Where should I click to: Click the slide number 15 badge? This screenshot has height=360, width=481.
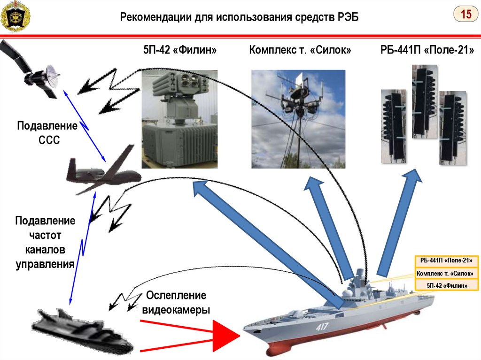click(465, 15)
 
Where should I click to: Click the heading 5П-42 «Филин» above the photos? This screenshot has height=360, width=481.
click(180, 50)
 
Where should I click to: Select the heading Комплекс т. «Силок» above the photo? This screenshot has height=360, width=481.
click(300, 50)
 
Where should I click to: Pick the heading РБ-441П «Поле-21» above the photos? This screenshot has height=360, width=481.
click(427, 50)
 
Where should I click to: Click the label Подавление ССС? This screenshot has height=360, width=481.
click(47, 133)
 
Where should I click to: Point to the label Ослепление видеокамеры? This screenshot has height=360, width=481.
click(176, 303)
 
